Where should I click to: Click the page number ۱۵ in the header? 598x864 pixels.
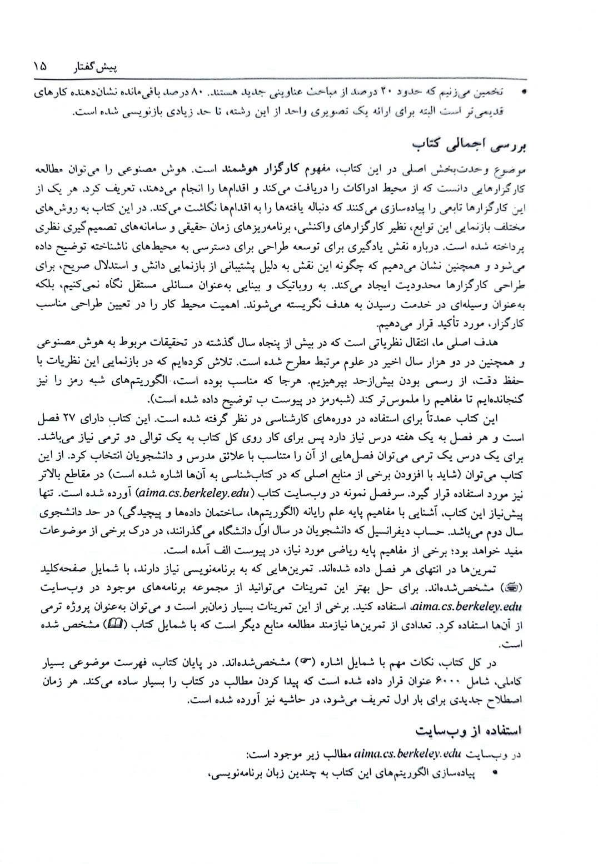(x=40, y=67)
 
